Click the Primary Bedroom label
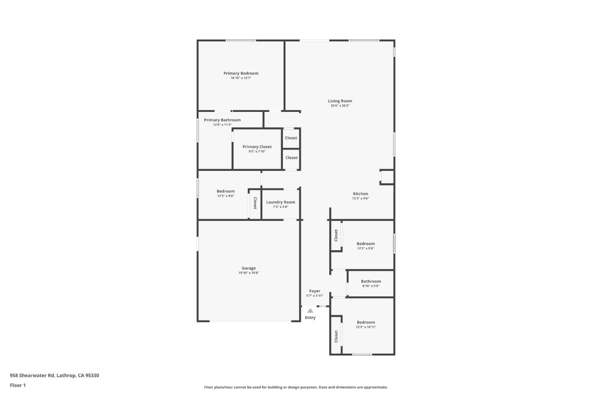(x=241, y=73)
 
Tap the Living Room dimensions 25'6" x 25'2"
(x=340, y=106)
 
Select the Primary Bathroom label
(x=222, y=120)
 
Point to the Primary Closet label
(x=257, y=146)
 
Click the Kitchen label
(x=361, y=194)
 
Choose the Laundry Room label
(x=280, y=202)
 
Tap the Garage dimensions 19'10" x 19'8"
(x=249, y=273)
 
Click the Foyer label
(x=314, y=291)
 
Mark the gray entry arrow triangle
(x=310, y=311)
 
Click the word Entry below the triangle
(x=310, y=318)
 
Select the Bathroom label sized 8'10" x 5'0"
(x=371, y=281)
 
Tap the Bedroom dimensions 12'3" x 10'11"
(x=366, y=327)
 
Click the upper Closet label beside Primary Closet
(x=291, y=138)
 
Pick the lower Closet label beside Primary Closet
(x=291, y=158)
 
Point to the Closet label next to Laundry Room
(x=255, y=203)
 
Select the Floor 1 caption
(x=18, y=386)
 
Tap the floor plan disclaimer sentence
(x=296, y=387)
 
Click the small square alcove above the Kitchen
(x=387, y=177)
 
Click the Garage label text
(x=249, y=268)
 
